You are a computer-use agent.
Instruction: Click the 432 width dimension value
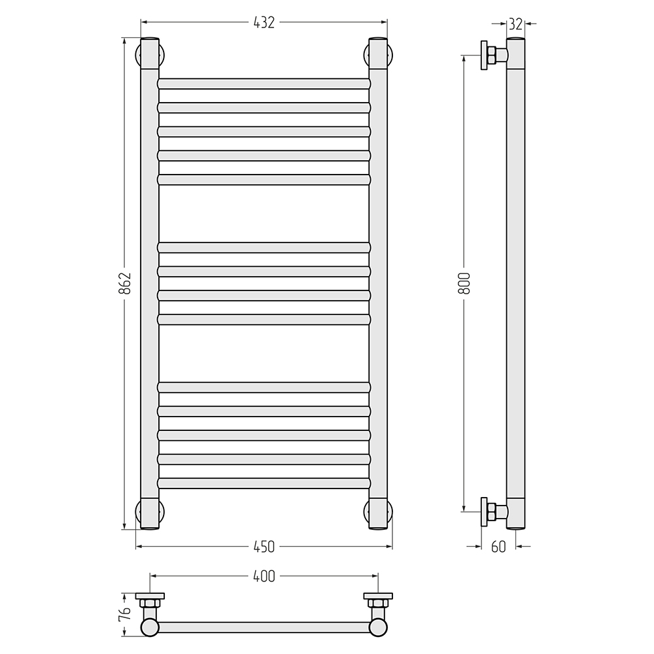[264, 22]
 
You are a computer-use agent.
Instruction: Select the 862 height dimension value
[125, 283]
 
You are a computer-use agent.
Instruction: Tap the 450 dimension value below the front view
[264, 547]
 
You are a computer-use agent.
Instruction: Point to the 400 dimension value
[264, 576]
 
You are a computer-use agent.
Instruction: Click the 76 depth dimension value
[125, 615]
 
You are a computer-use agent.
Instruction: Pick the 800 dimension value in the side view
[464, 283]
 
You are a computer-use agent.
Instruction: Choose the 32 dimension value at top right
[515, 24]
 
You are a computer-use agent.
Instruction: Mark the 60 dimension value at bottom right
[498, 547]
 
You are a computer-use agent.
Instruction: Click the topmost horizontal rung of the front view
[264, 84]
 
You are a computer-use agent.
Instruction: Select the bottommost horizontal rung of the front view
[264, 483]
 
